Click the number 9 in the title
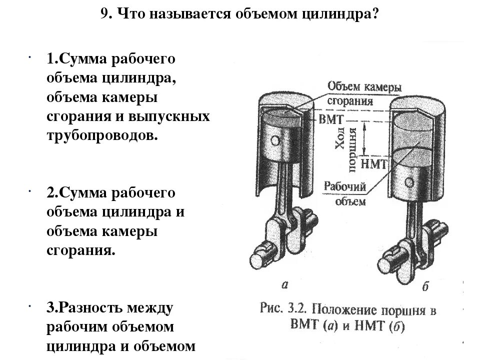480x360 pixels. click(104, 13)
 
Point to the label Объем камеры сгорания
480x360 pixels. click(364, 93)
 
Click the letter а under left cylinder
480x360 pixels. click(284, 285)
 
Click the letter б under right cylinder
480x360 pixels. click(425, 287)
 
